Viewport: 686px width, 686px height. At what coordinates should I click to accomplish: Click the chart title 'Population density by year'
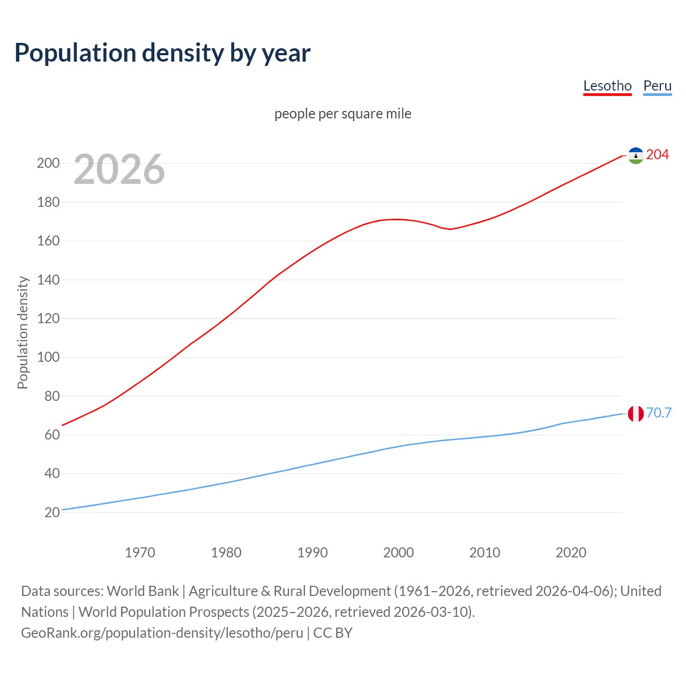[162, 53]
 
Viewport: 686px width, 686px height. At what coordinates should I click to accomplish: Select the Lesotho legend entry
[607, 86]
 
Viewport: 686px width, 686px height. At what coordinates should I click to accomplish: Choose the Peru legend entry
[657, 86]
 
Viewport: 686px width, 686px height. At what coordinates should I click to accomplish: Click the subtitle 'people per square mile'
[342, 114]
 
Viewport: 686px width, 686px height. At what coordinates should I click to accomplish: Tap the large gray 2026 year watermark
[119, 169]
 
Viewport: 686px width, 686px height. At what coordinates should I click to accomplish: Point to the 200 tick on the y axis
[48, 163]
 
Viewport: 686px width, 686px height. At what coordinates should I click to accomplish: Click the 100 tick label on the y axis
[48, 357]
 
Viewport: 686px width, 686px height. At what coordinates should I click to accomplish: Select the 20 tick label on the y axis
[52, 513]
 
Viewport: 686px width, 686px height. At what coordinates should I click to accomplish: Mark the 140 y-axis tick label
[48, 280]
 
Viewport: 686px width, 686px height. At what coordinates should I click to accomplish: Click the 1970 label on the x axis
[140, 553]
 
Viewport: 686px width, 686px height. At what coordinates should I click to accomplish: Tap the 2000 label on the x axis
[398, 553]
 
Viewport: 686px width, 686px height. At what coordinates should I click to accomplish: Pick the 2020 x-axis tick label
[571, 553]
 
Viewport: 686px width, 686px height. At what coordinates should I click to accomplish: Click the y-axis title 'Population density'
[23, 332]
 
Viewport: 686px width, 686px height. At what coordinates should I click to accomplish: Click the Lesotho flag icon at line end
[636, 155]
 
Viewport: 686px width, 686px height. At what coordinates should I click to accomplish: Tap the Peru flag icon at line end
[636, 414]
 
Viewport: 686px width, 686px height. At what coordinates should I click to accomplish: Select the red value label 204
[658, 155]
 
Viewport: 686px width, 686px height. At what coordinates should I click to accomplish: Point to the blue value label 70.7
[659, 413]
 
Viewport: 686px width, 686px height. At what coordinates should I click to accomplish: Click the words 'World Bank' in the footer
[143, 591]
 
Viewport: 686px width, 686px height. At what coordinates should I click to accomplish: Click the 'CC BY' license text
[333, 633]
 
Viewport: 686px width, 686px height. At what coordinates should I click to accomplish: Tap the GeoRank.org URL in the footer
[162, 633]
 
